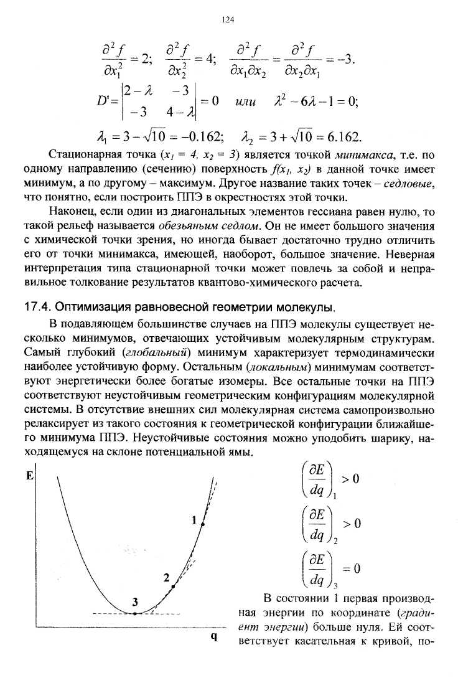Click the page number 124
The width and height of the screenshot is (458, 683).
(228, 20)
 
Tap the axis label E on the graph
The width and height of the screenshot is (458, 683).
(29, 474)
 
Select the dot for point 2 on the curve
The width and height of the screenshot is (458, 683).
(173, 586)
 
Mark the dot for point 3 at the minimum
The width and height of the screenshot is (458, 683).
(134, 613)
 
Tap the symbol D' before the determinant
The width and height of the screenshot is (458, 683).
(113, 101)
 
